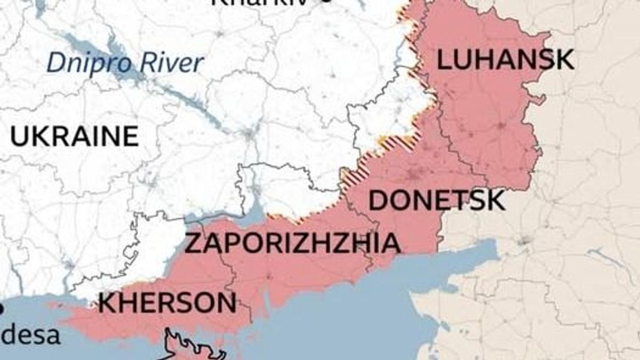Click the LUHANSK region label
[x=505, y=60]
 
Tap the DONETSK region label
[x=436, y=201]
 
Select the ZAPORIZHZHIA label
[x=292, y=244]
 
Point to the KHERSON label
[x=167, y=303]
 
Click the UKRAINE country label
[x=74, y=137]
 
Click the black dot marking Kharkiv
[x=327, y=2]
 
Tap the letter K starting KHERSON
[x=107, y=303]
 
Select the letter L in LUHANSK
[x=443, y=60]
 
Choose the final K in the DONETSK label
[x=495, y=201]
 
